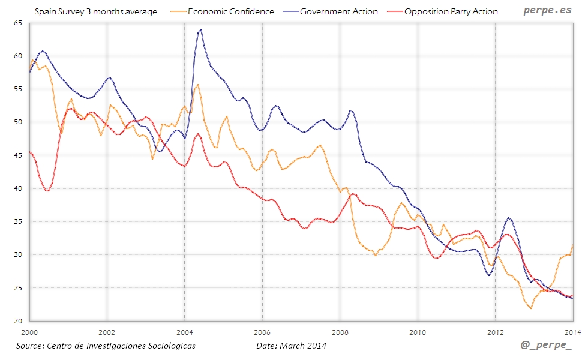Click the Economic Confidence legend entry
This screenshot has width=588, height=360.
[x=231, y=11]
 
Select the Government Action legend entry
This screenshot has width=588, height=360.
[x=339, y=11]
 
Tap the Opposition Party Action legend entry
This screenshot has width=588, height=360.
[x=451, y=11]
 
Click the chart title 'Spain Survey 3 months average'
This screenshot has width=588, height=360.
[x=96, y=11]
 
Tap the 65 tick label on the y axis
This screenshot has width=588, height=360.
[x=17, y=23]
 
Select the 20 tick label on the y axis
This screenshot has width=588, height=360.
[x=17, y=321]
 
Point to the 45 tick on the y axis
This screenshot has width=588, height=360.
[x=17, y=155]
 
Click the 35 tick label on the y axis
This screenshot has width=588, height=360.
[x=17, y=222]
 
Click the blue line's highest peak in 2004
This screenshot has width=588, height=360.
[x=200, y=29]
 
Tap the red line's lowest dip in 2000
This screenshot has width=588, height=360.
[x=47, y=191]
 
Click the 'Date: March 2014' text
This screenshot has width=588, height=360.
[x=291, y=346]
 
